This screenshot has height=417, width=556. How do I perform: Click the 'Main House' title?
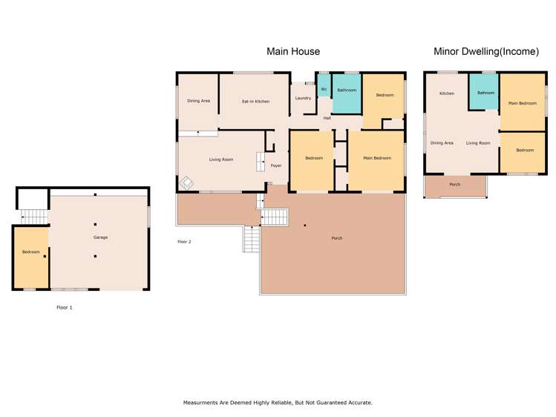coord(293,51)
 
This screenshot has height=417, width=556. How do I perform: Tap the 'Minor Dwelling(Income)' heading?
coord(486,51)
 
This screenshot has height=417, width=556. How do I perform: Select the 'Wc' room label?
coord(324,89)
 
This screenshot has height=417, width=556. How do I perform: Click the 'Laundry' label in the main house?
coord(303,98)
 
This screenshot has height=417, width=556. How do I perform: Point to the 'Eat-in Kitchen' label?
coord(255,102)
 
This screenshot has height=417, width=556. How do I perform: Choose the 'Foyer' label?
coord(276,165)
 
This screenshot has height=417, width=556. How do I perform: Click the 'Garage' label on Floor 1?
coord(101,237)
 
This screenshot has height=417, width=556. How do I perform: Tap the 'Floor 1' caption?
coord(65,307)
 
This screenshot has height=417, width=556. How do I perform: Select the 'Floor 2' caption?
coord(184,242)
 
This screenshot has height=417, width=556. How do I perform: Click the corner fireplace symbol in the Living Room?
coord(186,183)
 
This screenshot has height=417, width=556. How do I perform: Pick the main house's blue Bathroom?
coord(347,93)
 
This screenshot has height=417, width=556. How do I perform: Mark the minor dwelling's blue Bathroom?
coord(484,92)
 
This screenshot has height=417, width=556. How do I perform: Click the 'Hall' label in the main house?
coord(327,118)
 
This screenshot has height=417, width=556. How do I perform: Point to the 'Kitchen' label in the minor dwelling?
coord(447,93)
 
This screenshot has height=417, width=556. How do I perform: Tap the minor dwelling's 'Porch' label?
coord(455,185)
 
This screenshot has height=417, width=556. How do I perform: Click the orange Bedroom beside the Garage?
coord(31,257)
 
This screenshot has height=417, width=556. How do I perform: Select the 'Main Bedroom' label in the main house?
coord(377,158)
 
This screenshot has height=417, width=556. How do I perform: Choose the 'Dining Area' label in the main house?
coord(199,101)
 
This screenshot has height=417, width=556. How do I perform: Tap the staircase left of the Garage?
coord(34,217)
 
